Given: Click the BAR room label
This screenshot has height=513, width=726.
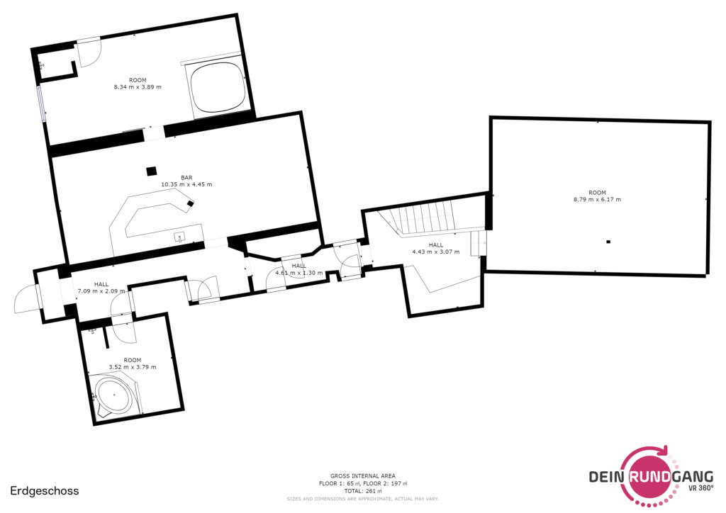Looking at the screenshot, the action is pos(186,178).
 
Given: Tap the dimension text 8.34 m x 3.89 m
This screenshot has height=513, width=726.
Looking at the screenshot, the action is pos(138,87).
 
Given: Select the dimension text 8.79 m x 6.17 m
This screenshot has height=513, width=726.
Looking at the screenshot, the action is pos(597,199).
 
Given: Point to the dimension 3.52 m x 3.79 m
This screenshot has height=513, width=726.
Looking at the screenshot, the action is pos(133,367).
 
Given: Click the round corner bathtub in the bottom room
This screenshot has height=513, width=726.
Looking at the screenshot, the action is pos(114,395).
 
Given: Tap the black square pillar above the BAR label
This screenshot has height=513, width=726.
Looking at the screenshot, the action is pos(152,171).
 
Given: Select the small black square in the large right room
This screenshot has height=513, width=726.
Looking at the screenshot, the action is pos(608,242).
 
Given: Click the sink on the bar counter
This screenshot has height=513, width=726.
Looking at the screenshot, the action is pos(179,237).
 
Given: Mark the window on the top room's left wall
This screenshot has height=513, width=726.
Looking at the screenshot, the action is pos(41,103).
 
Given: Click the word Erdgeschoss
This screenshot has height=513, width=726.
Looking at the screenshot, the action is pos(45,491).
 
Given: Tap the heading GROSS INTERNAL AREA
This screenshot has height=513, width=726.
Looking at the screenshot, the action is pos(363,475).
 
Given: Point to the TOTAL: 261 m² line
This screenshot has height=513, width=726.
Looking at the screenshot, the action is pos(363,491).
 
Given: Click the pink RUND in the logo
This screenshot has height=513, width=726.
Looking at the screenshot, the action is pos(649,476).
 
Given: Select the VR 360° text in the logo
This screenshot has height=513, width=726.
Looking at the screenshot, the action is pos(700,487).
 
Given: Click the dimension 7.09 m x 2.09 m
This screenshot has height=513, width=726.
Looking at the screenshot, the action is pos(101,291).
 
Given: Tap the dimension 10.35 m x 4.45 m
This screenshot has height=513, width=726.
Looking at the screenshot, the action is pos(186,184).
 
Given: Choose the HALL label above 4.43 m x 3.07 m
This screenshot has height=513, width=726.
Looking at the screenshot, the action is pos(436,244).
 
